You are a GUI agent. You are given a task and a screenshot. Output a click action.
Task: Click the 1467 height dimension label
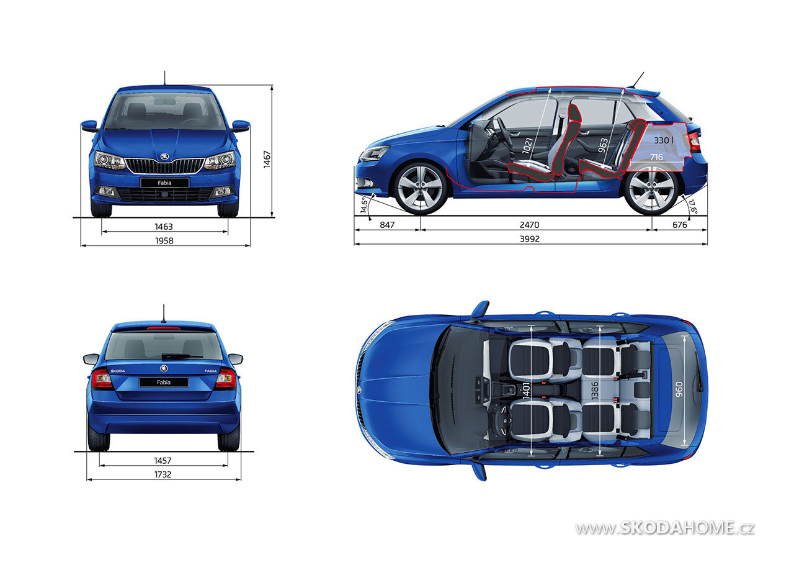point(267,160)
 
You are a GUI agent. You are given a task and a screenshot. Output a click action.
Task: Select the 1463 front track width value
point(164,227)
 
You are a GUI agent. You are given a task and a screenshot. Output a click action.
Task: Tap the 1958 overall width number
point(164,240)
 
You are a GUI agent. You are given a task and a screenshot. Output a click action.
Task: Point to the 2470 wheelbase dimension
point(530,225)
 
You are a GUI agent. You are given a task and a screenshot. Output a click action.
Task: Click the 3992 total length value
point(530,239)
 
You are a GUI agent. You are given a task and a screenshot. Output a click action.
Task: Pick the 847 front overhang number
point(387,225)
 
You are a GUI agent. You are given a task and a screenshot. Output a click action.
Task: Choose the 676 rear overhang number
point(679,225)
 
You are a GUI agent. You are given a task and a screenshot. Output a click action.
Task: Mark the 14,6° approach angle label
point(364,205)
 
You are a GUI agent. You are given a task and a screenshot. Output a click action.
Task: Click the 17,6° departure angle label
point(693,207)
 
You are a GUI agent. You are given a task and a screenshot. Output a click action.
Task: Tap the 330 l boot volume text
point(664,140)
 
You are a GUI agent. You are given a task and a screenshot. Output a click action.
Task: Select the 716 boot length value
point(656,157)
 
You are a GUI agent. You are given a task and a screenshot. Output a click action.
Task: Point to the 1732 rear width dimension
point(163,474)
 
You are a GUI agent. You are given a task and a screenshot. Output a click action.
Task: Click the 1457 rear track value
point(163,461)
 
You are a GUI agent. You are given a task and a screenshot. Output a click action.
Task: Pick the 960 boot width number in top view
point(679,389)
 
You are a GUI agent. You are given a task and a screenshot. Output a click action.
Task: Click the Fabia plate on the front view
point(164,183)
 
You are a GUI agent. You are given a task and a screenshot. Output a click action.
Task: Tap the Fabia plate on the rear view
point(164,382)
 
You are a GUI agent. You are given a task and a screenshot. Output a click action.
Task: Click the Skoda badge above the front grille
point(164,156)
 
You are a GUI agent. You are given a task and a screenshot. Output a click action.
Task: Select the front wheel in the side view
point(421,188)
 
